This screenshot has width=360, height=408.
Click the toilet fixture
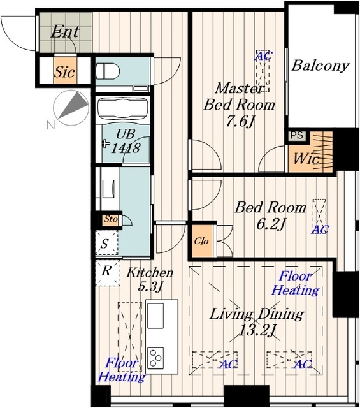click(108, 71)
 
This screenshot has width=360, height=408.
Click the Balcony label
click(320, 66)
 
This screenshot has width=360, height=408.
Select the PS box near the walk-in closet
click(297, 135)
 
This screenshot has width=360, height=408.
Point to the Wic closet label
click(306, 159)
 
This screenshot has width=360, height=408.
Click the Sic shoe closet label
click(65, 71)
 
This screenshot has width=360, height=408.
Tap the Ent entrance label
click(65, 31)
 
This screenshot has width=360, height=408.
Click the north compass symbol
click(71, 108)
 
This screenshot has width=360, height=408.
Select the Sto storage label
click(111, 219)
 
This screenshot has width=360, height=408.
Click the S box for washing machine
click(106, 243)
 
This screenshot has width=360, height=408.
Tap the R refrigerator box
click(108, 273)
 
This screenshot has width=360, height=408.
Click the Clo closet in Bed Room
click(202, 241)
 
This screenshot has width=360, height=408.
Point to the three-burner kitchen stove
click(155, 358)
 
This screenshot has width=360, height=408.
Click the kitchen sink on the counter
click(155, 316)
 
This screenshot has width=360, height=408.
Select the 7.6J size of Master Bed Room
click(240, 121)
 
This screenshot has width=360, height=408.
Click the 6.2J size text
click(271, 224)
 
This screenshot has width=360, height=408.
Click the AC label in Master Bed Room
click(264, 55)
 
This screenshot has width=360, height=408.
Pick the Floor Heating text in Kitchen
click(122, 370)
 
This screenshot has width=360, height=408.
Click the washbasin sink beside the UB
click(109, 189)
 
